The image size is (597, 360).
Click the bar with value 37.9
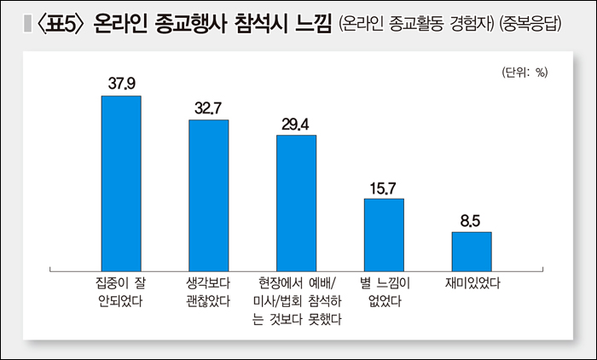[x=121, y=183]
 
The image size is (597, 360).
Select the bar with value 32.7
[x=208, y=195]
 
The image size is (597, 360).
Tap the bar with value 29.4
[x=296, y=203]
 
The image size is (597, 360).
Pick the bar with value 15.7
[x=384, y=235]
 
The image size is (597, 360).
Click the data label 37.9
[x=122, y=84]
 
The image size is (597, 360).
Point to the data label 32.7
[x=208, y=107]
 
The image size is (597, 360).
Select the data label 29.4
[x=296, y=124]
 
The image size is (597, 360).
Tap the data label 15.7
[x=384, y=188]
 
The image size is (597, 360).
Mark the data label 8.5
[x=471, y=221]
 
